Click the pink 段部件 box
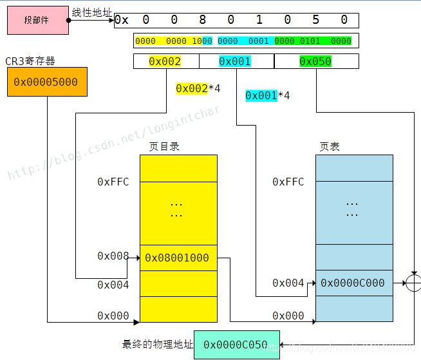click(37, 20)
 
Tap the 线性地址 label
click(92, 12)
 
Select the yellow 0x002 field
click(165, 61)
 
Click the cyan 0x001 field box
click(236, 61)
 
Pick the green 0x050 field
click(315, 61)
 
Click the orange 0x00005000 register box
click(47, 82)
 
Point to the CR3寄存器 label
click(30, 61)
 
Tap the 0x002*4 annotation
click(198, 88)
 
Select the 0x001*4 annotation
click(267, 95)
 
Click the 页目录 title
click(164, 146)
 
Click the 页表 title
click(330, 146)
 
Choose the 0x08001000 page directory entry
click(177, 258)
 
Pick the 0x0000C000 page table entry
click(353, 283)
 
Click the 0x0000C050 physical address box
click(236, 345)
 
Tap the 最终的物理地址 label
click(157, 345)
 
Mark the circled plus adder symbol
click(413, 283)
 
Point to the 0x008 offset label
click(113, 256)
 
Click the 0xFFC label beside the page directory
click(113, 182)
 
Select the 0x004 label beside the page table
click(288, 283)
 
